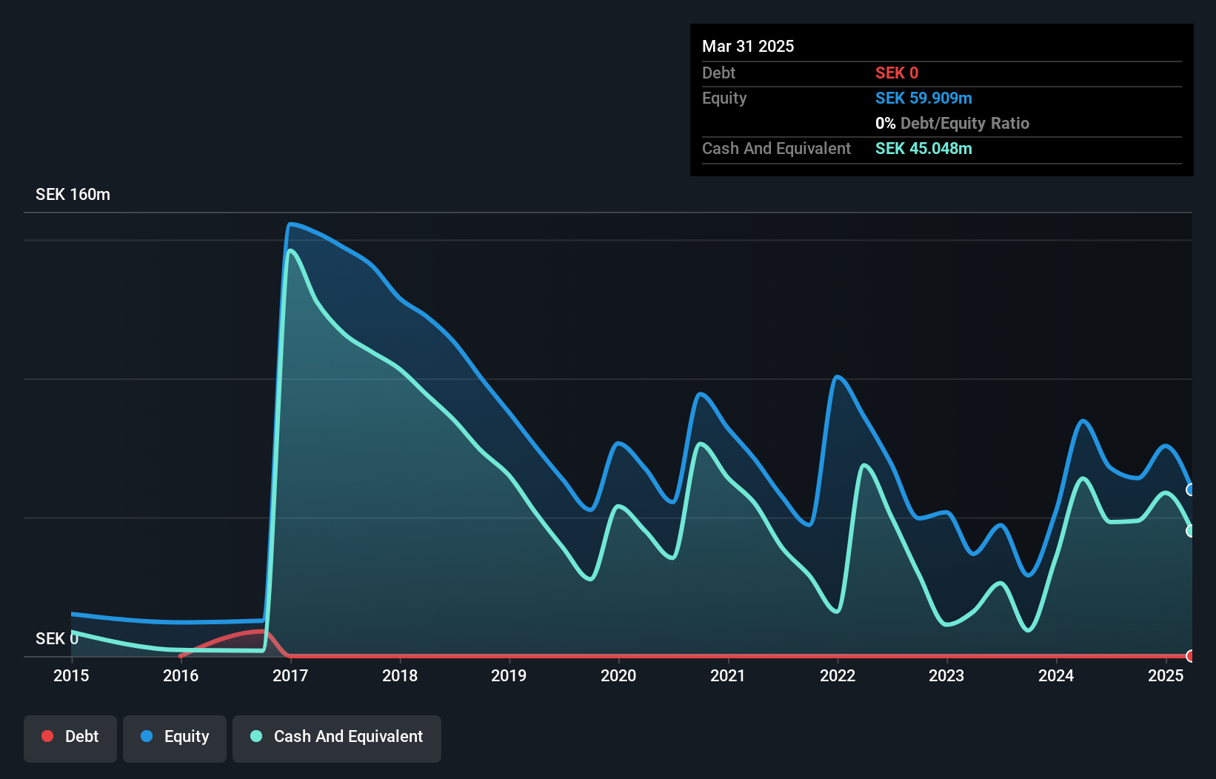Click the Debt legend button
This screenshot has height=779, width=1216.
point(70,737)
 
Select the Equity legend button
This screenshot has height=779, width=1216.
point(175,737)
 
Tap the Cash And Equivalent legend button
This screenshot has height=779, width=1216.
point(336,737)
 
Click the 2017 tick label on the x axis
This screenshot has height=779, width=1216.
point(290,675)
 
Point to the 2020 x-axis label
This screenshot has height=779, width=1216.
point(618,675)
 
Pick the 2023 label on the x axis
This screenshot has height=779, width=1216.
point(946,675)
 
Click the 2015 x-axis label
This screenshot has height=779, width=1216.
point(71,675)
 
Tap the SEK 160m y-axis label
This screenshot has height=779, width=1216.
point(73,195)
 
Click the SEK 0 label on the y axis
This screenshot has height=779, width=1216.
point(56,638)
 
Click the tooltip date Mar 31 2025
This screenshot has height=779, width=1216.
point(748,47)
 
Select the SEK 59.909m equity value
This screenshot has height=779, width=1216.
point(923,98)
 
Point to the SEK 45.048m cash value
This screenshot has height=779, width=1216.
point(923,149)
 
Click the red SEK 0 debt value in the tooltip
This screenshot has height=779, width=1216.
point(896,73)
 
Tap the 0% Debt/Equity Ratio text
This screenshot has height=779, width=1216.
point(952,124)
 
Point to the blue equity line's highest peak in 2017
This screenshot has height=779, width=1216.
point(291,224)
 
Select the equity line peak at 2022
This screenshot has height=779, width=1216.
point(838,377)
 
